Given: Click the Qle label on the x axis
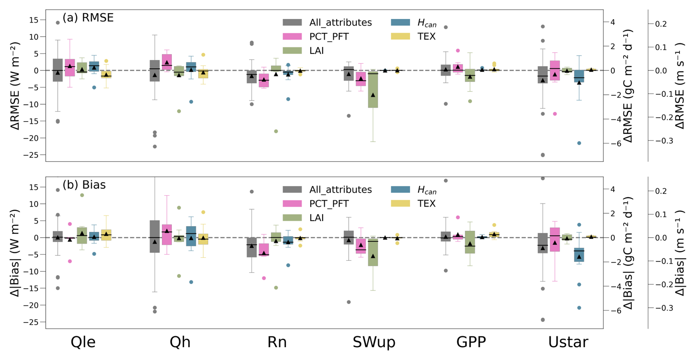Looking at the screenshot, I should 83,342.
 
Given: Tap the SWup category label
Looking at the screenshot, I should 374,342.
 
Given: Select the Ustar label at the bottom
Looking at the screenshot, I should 568,342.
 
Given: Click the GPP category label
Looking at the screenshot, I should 471,342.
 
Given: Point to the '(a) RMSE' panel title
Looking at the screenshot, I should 88,18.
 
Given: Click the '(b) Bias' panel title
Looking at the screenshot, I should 84,185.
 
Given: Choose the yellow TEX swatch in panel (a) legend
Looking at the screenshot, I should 400,36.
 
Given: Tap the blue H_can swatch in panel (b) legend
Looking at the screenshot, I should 400,189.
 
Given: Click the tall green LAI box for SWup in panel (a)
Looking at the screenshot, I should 373,89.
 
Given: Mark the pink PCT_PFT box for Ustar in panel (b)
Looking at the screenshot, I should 555,239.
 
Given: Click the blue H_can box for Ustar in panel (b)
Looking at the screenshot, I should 579,255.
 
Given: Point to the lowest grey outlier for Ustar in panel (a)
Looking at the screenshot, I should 543,155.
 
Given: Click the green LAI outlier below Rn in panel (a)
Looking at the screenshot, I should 276,131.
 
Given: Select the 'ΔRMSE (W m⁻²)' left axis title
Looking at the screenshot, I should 16,86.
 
